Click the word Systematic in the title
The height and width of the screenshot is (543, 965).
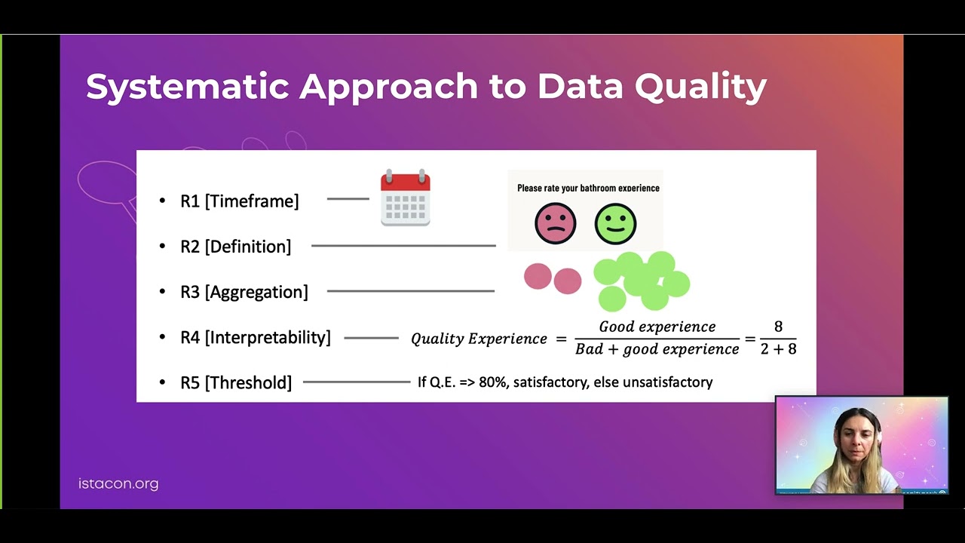(x=188, y=87)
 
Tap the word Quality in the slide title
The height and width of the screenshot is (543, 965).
(x=700, y=87)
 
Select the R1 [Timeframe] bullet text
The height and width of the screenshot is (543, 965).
(x=239, y=201)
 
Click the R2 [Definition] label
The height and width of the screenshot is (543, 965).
(x=235, y=247)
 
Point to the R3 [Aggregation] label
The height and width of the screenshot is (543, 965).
(x=244, y=292)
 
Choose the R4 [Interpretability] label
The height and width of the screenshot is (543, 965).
(x=255, y=337)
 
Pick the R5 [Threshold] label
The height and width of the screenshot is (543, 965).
(x=235, y=382)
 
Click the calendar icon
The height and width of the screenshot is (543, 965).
(x=406, y=198)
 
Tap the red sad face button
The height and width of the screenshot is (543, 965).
(x=555, y=223)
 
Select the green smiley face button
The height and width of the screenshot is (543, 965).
(x=615, y=223)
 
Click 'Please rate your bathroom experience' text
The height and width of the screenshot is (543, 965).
(x=588, y=188)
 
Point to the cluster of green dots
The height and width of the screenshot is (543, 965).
(x=641, y=281)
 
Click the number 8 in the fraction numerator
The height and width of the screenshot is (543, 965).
(x=778, y=327)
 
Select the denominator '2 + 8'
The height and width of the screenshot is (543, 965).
(x=778, y=348)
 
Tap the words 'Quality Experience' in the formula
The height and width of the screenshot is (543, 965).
(x=479, y=339)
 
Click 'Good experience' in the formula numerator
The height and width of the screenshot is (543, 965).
(x=657, y=327)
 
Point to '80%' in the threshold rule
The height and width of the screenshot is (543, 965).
(x=492, y=382)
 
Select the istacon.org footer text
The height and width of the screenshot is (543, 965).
(x=118, y=484)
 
